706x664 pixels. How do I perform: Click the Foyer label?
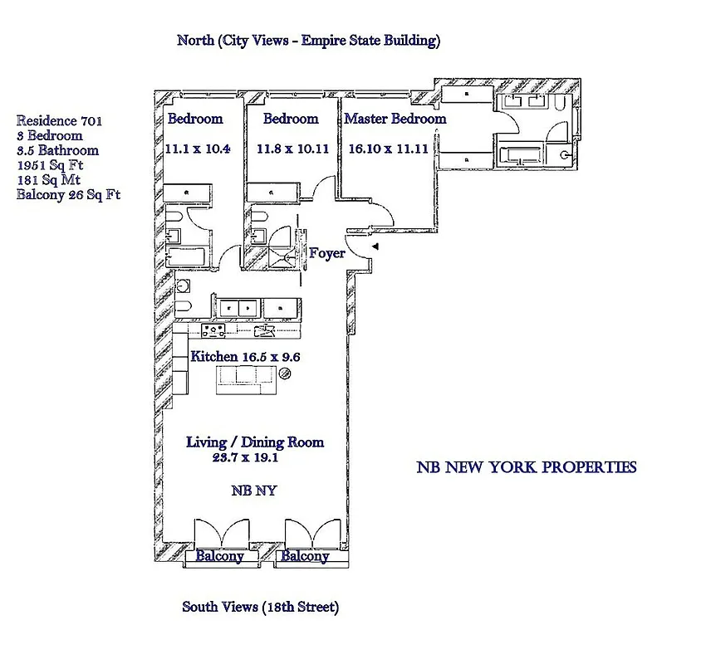click(x=326, y=253)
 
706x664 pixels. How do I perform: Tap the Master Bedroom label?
click(x=395, y=119)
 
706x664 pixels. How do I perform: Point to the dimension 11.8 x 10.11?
click(x=291, y=149)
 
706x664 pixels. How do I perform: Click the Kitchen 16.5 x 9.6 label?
click(x=245, y=357)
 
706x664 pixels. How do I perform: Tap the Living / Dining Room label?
click(x=254, y=442)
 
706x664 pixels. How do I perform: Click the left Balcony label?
click(x=219, y=556)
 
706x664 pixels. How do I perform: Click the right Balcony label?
click(x=304, y=556)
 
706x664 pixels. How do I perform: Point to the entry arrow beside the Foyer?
click(x=375, y=247)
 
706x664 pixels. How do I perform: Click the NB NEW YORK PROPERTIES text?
click(x=526, y=467)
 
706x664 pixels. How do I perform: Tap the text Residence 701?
click(x=59, y=120)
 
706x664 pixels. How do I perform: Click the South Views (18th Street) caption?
click(x=260, y=608)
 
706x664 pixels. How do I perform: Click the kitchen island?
click(x=246, y=380)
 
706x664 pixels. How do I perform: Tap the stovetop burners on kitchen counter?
click(x=215, y=330)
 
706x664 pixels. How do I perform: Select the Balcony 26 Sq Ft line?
click(x=69, y=195)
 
